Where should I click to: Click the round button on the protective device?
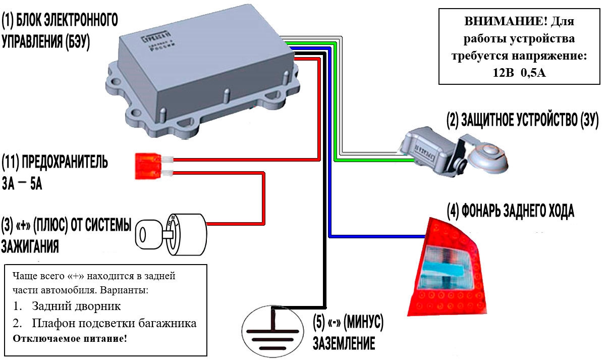point(488,153)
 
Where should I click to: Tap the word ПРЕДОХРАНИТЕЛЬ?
point(63,163)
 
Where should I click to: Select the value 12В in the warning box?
point(502,72)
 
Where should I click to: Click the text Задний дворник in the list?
point(76,306)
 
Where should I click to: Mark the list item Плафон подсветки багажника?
point(114,323)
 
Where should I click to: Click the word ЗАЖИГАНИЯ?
point(30,247)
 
